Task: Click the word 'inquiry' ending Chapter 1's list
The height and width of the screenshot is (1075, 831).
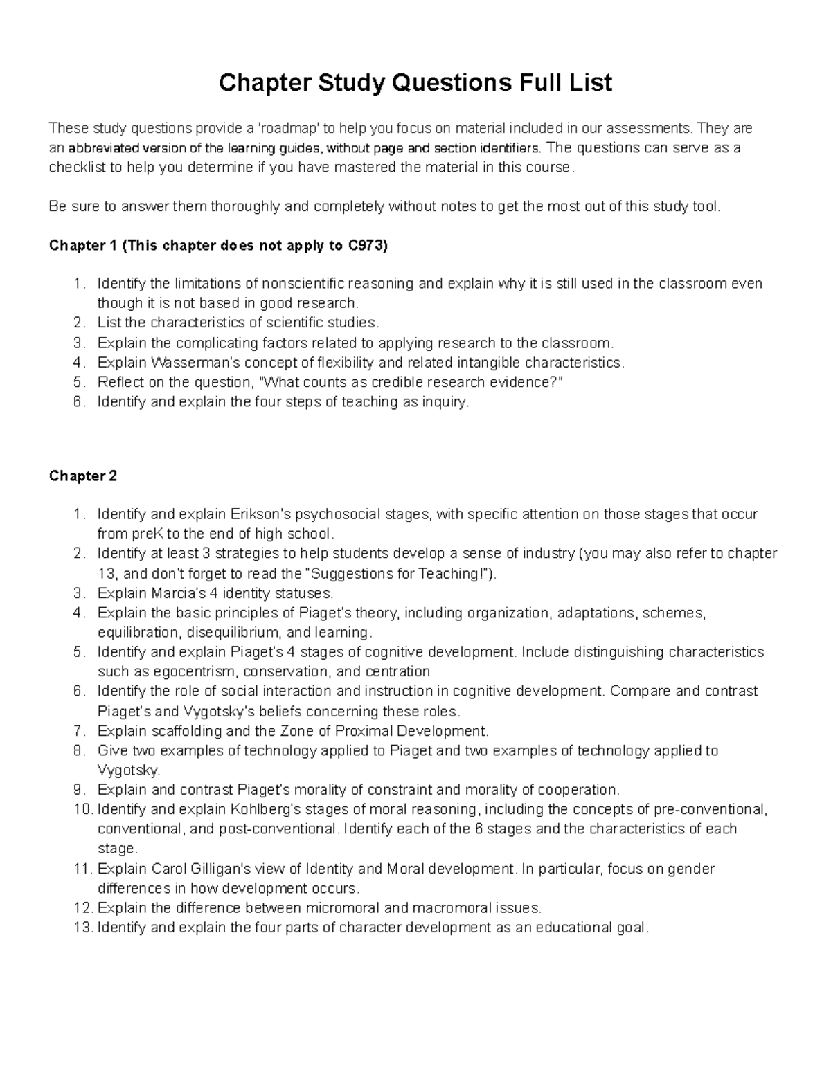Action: (445, 402)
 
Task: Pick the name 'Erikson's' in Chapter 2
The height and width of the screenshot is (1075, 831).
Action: (261, 514)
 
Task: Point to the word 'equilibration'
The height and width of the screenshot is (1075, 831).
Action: (137, 633)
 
